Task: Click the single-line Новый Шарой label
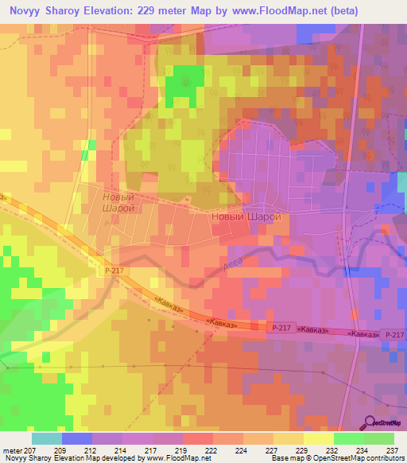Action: (x=246, y=216)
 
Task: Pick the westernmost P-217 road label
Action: (x=113, y=271)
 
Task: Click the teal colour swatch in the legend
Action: (x=46, y=438)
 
